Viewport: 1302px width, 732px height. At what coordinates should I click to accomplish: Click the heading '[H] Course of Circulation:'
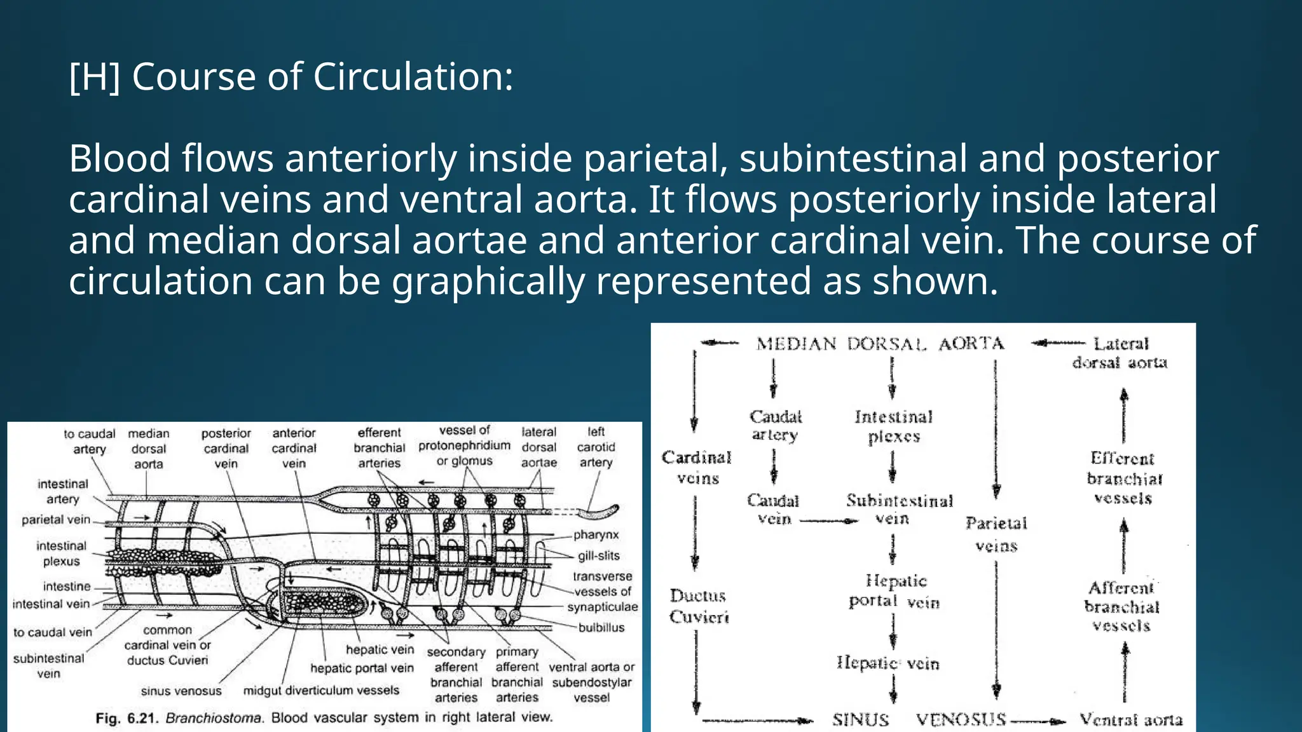coord(291,77)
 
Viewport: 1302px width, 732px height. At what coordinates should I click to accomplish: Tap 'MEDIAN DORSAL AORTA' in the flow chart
coord(880,344)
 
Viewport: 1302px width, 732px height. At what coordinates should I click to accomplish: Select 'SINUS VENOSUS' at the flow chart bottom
coord(919,720)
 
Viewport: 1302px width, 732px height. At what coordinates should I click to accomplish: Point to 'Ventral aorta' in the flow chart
coord(1131,720)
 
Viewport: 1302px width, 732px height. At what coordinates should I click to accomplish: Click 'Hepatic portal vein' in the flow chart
coord(894,591)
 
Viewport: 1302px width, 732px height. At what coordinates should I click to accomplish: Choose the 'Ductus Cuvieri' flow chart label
coord(699,606)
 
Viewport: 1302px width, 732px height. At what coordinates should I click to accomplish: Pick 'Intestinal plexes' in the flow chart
coord(893,426)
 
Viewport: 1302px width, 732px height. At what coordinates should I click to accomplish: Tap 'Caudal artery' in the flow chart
coord(775,426)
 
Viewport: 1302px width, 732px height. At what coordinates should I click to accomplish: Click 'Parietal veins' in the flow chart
coord(996,534)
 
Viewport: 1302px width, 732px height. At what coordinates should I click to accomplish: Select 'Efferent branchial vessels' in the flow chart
coord(1124,478)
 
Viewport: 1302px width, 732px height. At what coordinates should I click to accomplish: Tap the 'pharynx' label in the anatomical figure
coord(596,535)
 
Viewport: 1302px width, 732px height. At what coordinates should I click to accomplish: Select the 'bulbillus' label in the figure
coord(601,628)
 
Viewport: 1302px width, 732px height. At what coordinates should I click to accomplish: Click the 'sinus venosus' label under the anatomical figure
coord(181,691)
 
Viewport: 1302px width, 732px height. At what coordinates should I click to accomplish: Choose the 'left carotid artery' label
coord(596,447)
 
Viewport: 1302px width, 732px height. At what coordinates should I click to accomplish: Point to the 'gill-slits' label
coord(598,556)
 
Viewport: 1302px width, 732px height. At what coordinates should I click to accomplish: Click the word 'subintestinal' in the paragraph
coord(853,159)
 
